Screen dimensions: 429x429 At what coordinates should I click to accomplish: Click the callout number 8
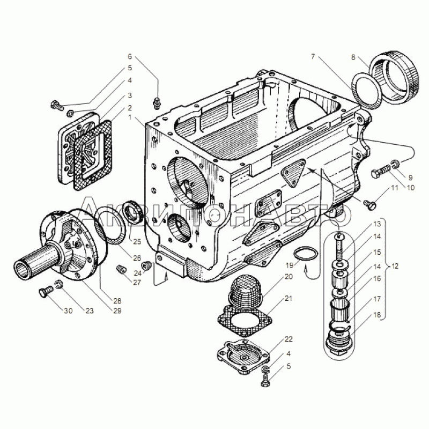[353, 57]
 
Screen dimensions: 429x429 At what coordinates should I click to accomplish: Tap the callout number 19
[289, 265]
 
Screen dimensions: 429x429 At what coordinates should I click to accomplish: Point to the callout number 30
[69, 311]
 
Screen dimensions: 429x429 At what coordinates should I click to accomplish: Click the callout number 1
[130, 117]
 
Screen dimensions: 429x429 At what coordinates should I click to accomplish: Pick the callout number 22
[289, 339]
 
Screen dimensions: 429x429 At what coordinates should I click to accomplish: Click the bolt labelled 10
[381, 172]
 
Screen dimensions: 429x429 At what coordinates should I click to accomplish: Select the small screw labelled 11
[369, 204]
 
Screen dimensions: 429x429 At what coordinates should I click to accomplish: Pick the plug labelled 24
[145, 265]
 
